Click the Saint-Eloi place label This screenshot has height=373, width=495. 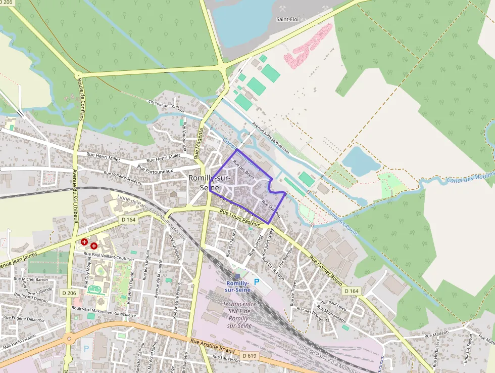pos(287,19)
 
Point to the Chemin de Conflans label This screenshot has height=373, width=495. pos(166,104)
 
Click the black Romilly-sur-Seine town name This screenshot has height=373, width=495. pos(209,183)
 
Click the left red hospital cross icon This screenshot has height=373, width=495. pos(84,242)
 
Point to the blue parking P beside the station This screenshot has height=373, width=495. pos(256,281)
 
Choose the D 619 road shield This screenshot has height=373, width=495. pos(249,356)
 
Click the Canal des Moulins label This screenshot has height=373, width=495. pos(470,177)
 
